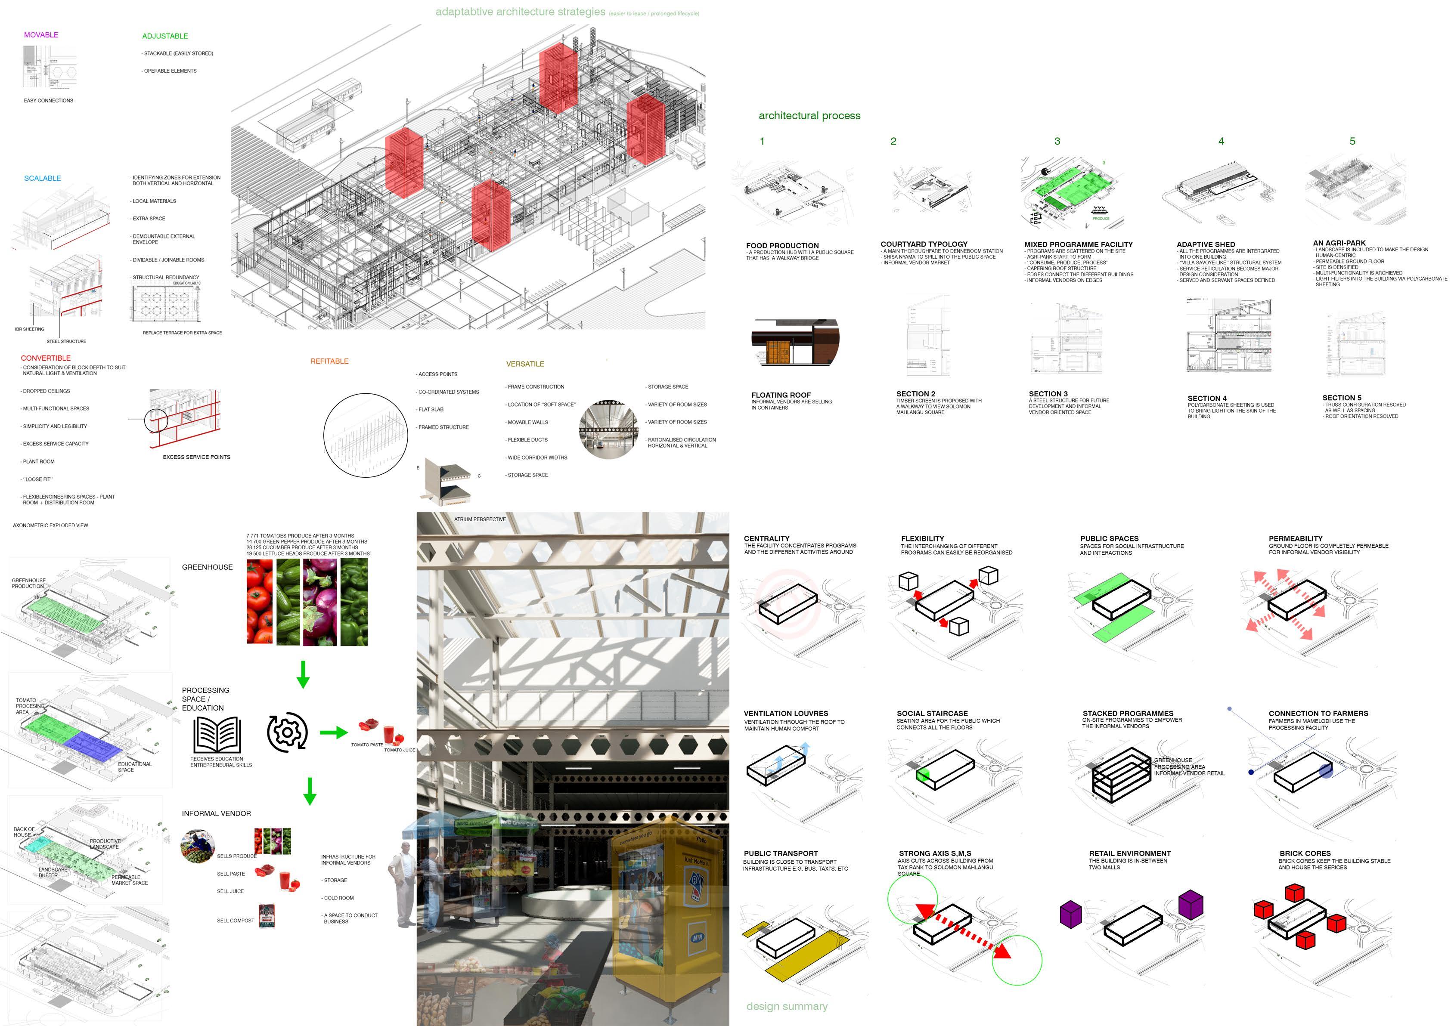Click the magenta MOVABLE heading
tap(41, 35)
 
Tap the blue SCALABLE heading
tap(42, 178)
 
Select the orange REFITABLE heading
tap(329, 362)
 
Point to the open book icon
tap(217, 735)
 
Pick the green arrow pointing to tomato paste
tap(333, 733)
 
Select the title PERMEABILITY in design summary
tap(1296, 539)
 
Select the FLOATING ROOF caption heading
tap(781, 395)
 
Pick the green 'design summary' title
tap(787, 1006)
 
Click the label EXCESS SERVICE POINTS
tap(196, 457)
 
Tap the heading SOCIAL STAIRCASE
tap(932, 713)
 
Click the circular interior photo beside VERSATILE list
tap(608, 429)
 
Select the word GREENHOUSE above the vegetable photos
tap(207, 567)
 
